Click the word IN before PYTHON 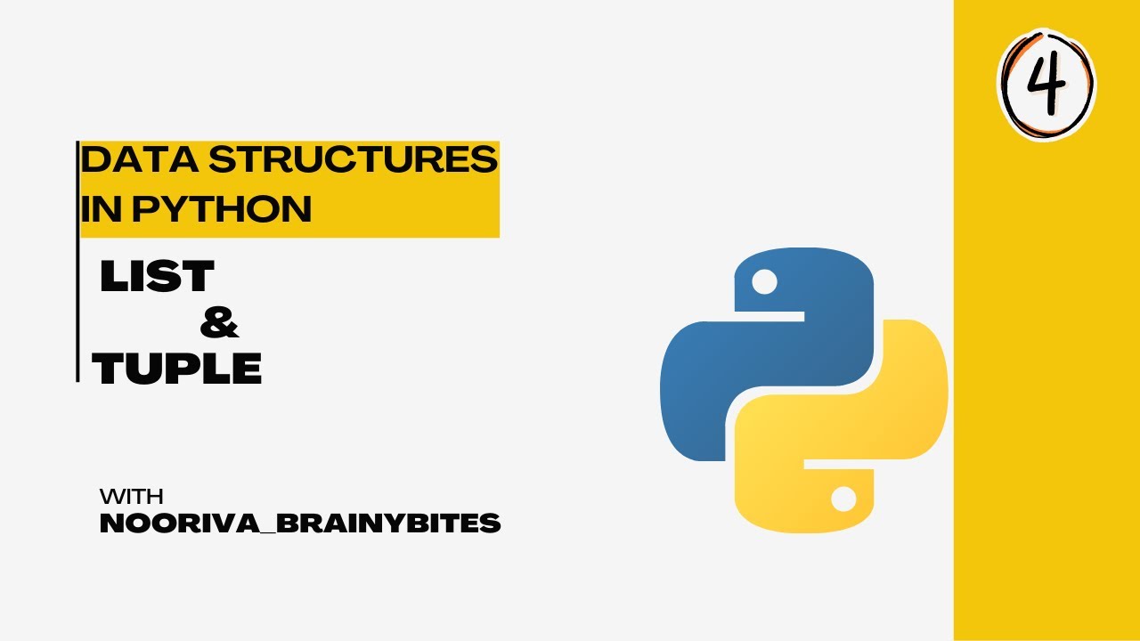pos(98,209)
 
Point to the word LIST pos(157,277)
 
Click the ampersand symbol pos(219,322)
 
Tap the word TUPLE pos(177,369)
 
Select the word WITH pos(131,497)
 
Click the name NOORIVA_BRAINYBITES pos(300,524)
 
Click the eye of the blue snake pos(764,282)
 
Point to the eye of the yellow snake pos(842,498)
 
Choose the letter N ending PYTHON pos(296,209)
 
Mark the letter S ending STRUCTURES pos(484,160)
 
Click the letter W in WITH pos(110,497)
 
